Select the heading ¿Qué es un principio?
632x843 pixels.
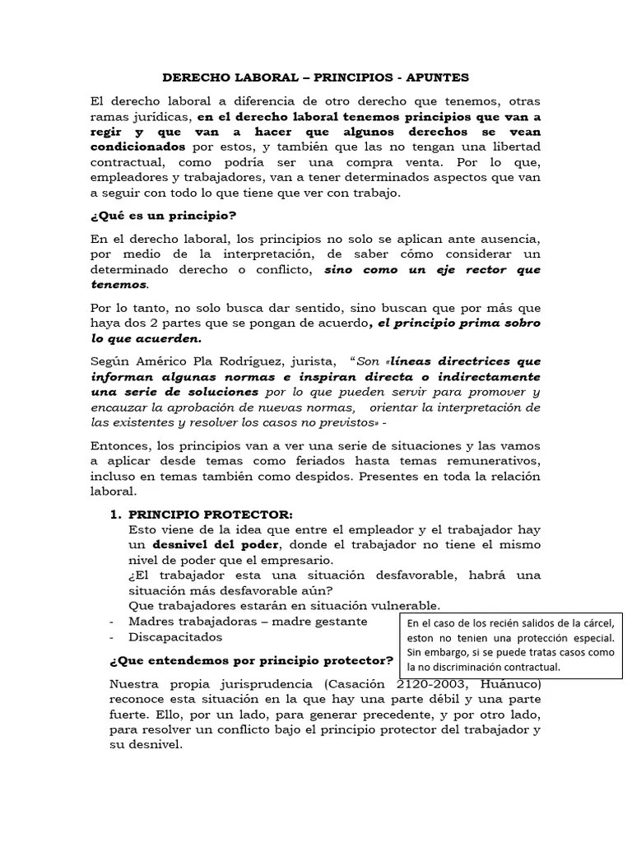pyautogui.click(x=164, y=216)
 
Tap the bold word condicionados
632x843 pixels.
pyautogui.click(x=139, y=148)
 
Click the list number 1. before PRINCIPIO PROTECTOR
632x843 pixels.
pyautogui.click(x=116, y=514)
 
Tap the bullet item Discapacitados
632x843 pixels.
pyautogui.click(x=175, y=636)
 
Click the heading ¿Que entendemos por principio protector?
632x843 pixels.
pyautogui.click(x=251, y=661)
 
